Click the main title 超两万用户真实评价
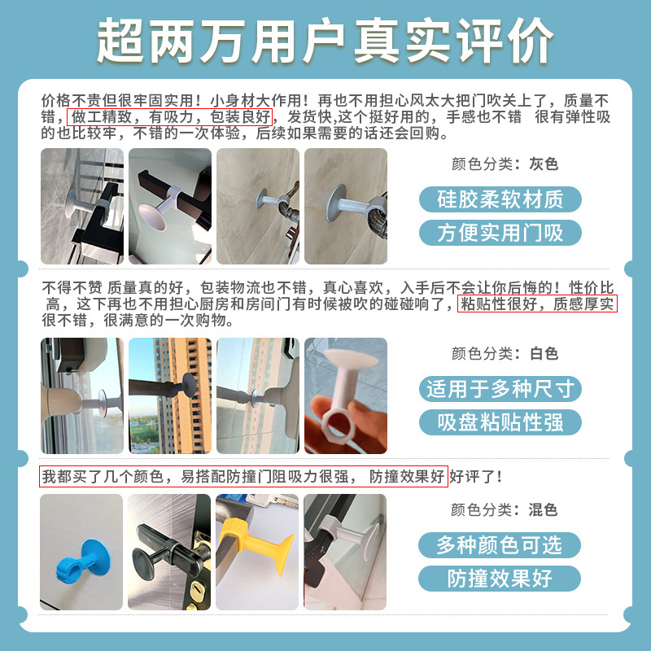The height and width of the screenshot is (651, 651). tap(325, 38)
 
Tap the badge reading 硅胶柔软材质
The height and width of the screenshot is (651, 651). tap(500, 199)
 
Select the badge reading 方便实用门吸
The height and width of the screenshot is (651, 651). tap(500, 234)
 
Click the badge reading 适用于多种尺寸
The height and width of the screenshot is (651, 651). tap(500, 388)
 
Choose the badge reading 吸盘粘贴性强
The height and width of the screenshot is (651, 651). tap(500, 422)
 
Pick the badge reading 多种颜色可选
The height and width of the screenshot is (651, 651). tap(500, 544)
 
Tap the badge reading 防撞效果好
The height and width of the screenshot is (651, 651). tap(500, 579)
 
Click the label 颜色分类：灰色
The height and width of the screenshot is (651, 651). tap(505, 164)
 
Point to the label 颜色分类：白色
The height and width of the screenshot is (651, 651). tap(505, 354)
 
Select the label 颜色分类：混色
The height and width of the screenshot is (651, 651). tap(505, 510)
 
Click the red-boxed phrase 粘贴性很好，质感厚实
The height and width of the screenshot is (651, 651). tap(538, 304)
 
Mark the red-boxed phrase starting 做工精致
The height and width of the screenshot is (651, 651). tap(168, 117)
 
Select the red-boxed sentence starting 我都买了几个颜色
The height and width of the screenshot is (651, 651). tap(243, 476)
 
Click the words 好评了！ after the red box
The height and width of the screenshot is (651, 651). tap(476, 476)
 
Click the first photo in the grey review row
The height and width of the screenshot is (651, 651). tap(81, 206)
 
